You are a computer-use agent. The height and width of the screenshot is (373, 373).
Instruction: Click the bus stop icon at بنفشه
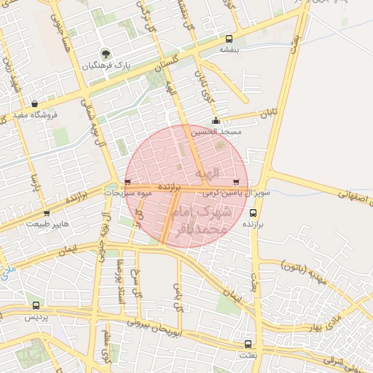[x=229, y=39]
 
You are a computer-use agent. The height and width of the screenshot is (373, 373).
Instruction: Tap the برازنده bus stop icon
[x=253, y=213]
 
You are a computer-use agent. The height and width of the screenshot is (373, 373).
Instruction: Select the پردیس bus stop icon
[x=37, y=305]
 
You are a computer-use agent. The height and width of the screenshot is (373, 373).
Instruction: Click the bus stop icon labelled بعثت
[x=248, y=343]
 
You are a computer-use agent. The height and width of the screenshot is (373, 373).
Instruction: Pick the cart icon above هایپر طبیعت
[x=47, y=213]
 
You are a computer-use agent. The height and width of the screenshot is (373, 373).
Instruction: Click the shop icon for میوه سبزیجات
[x=128, y=182]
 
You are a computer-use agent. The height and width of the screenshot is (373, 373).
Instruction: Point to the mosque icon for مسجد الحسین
[x=215, y=121]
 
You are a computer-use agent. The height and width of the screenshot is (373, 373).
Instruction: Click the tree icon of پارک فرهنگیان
[x=106, y=53]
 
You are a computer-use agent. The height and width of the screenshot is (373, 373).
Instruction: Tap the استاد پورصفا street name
[x=122, y=282]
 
